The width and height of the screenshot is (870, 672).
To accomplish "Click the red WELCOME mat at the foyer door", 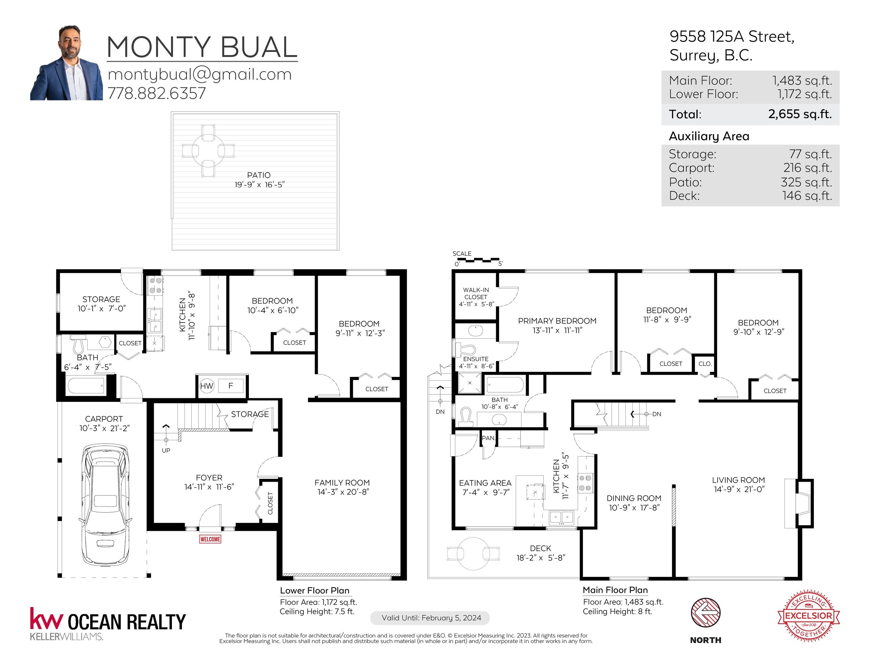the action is click(x=210, y=539).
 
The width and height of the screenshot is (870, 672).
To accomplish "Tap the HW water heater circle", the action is click(x=206, y=386).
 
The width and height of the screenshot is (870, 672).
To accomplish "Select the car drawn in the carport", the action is click(x=105, y=505).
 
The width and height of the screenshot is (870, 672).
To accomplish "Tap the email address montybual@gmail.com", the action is click(x=200, y=74).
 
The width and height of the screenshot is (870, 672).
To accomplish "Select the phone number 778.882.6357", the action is click(x=157, y=93).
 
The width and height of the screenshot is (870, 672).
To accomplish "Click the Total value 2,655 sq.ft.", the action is click(x=800, y=114).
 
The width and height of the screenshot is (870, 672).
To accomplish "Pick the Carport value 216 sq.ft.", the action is click(x=808, y=168).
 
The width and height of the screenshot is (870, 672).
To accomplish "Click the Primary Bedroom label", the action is click(x=557, y=321).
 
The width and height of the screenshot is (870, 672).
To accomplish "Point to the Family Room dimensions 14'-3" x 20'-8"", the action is click(x=343, y=492).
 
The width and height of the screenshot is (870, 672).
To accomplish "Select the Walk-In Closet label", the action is click(x=476, y=293).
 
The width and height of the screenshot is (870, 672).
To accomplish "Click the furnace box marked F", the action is click(x=230, y=386).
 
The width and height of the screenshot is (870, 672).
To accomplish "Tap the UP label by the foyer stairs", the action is click(x=166, y=450).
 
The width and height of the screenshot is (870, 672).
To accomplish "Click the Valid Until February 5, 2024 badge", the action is click(x=430, y=618).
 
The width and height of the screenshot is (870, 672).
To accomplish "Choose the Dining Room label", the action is click(x=634, y=498).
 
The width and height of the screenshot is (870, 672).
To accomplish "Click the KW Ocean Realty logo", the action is click(x=108, y=623).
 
